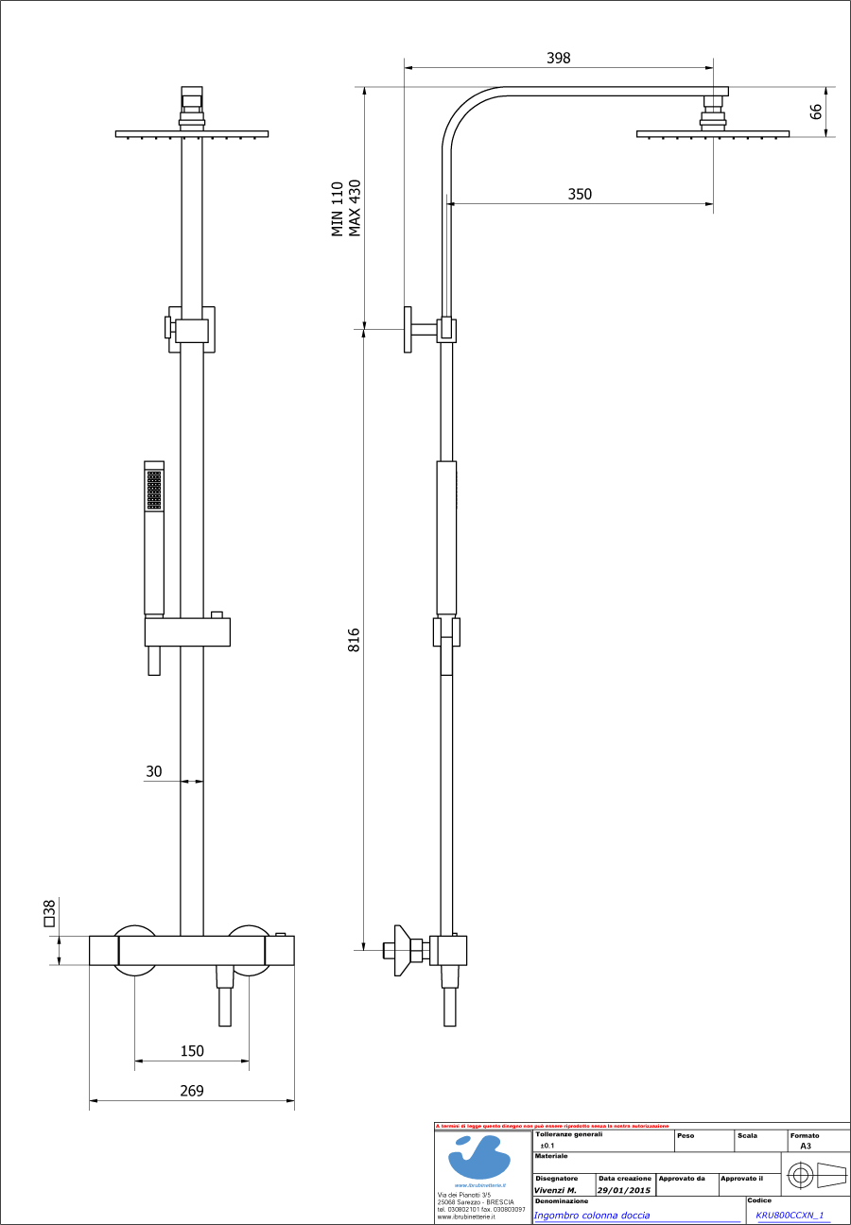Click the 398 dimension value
[x=559, y=58]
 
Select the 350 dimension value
[x=580, y=194]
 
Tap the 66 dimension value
[x=816, y=112]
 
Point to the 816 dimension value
[x=355, y=640]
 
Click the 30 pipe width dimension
[x=153, y=771]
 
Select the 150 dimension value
[x=192, y=1050]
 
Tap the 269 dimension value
[x=192, y=1091]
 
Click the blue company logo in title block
[x=482, y=1157]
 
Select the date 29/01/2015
[x=623, y=1190]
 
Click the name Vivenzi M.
[x=556, y=1190]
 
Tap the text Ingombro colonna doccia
[x=592, y=1215]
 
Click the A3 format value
[x=805, y=1145]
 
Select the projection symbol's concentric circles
[x=801, y=1177]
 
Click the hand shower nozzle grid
[x=154, y=491]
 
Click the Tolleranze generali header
[x=568, y=1134]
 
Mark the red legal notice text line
[x=552, y=1126]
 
